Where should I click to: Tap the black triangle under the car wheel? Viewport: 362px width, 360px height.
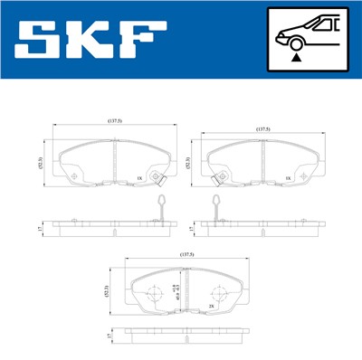pos(296,56)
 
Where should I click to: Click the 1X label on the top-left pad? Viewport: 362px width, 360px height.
pos(138,179)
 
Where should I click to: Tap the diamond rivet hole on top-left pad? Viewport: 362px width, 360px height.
pos(157,176)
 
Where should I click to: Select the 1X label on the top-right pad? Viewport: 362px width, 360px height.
pos(288,179)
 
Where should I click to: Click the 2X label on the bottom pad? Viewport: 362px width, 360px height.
pos(211,307)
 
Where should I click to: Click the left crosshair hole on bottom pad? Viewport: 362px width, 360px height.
pos(149,294)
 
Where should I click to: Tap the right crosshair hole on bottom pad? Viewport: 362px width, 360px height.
pos(217,294)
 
